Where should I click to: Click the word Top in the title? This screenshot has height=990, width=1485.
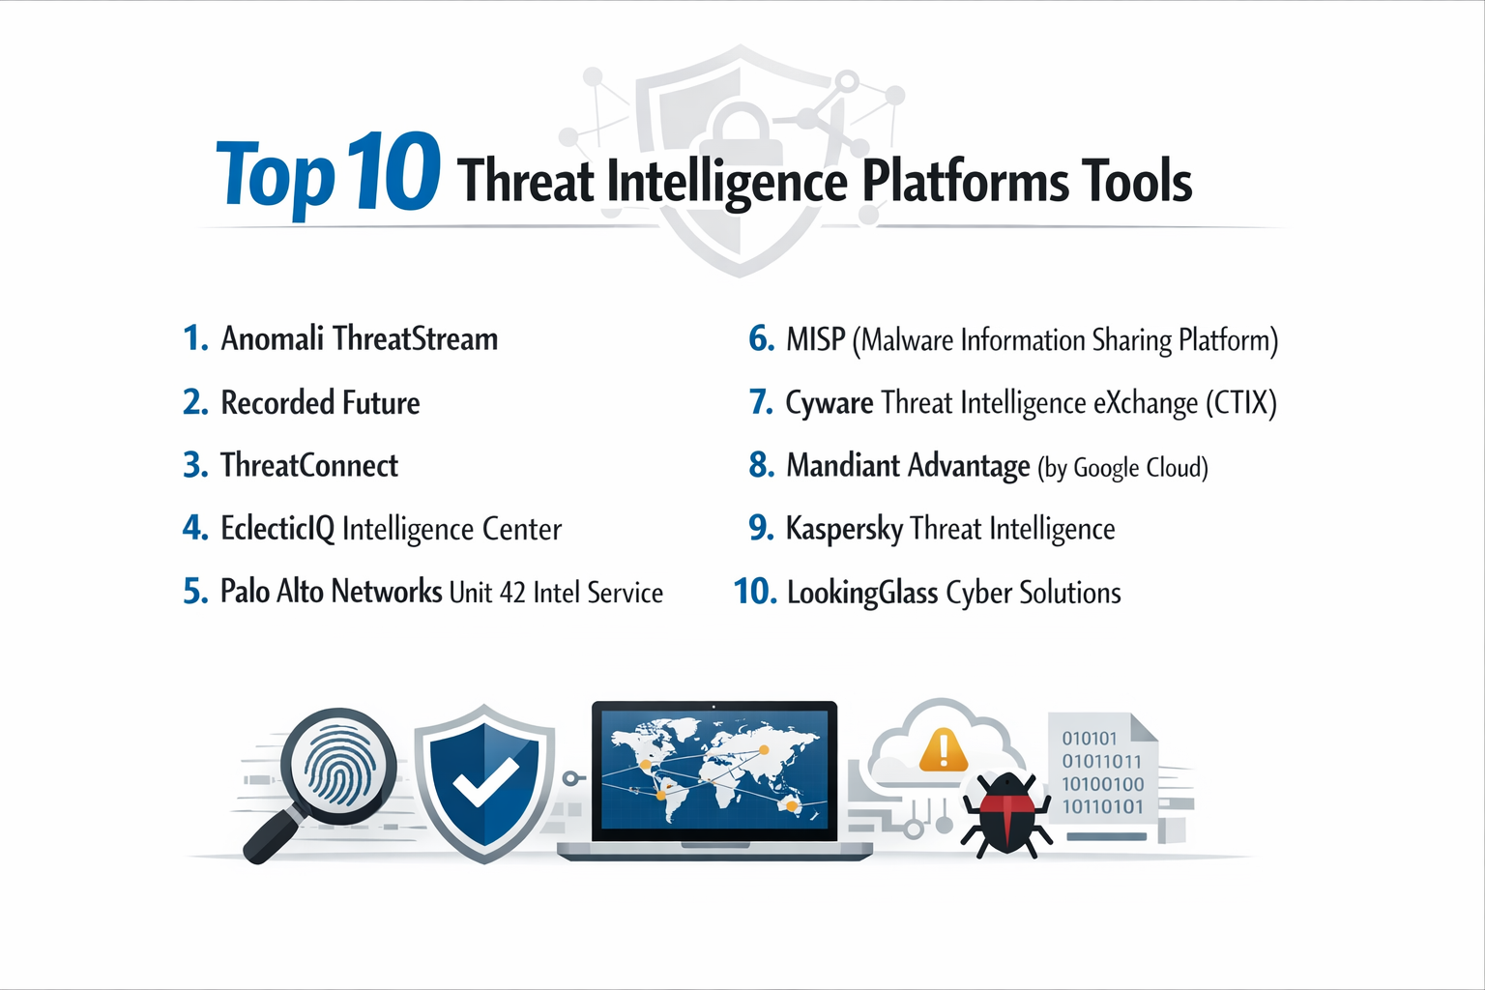pyautogui.click(x=275, y=177)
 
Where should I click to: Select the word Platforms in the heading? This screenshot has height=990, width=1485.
pyautogui.click(x=965, y=181)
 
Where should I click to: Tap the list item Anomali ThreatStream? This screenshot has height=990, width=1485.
pyautogui.click(x=359, y=339)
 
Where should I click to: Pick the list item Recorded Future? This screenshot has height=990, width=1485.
pyautogui.click(x=320, y=403)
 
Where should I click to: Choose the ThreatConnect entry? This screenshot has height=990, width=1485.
pyautogui.click(x=309, y=466)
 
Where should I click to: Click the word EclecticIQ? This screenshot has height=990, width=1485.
pyautogui.click(x=277, y=529)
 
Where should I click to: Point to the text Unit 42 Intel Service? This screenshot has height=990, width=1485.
pyautogui.click(x=556, y=593)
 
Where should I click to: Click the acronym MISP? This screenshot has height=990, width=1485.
pyautogui.click(x=816, y=340)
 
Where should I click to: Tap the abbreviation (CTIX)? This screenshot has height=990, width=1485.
pyautogui.click(x=1241, y=403)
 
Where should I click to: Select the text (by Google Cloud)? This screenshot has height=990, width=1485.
pyautogui.click(x=1122, y=468)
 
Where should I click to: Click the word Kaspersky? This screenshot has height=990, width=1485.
pyautogui.click(x=844, y=529)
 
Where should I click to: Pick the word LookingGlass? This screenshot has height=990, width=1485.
pyautogui.click(x=862, y=593)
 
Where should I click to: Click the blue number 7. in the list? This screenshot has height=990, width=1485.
pyautogui.click(x=762, y=402)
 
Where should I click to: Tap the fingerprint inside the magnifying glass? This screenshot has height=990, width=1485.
pyautogui.click(x=337, y=767)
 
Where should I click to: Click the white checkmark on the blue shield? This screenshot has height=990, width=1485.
pyautogui.click(x=486, y=782)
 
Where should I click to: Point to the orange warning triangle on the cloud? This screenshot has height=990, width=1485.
pyautogui.click(x=943, y=750)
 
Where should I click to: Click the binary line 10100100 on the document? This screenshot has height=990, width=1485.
pyautogui.click(x=1102, y=784)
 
